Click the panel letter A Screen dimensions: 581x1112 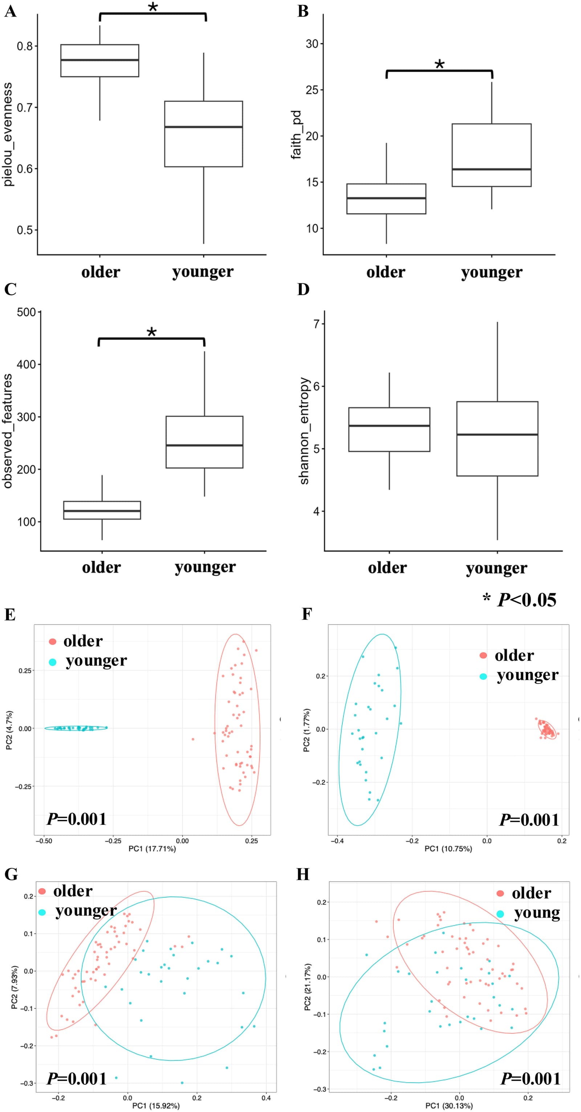point(11,11)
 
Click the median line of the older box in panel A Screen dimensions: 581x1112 point(100,60)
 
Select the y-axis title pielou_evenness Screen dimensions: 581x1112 point(8,135)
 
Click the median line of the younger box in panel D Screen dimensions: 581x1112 point(497,435)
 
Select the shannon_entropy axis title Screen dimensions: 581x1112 point(304,431)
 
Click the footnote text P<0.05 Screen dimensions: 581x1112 point(527,600)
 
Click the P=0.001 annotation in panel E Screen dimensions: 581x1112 point(76,819)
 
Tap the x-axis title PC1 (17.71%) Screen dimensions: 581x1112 point(153,849)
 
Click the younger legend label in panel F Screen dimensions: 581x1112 point(528,675)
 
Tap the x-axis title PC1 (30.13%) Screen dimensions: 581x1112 point(449,1105)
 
